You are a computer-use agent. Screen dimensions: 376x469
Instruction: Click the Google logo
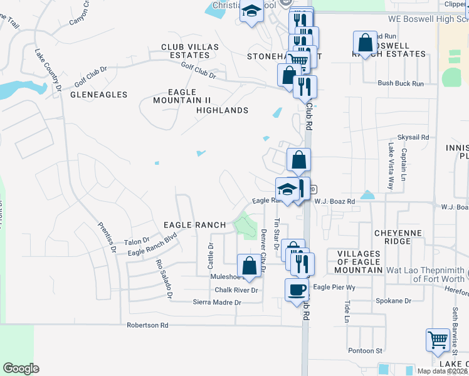21,368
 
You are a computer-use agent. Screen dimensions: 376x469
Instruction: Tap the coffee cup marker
297,290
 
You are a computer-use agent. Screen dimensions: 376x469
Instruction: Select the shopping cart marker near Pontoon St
438,340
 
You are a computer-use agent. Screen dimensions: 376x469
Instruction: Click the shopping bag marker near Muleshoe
249,265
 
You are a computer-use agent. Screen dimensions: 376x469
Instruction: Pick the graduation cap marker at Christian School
251,12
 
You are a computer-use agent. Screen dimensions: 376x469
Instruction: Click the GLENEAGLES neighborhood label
98,95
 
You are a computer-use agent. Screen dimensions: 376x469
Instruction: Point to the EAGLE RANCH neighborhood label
194,224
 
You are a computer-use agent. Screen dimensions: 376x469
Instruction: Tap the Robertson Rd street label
148,325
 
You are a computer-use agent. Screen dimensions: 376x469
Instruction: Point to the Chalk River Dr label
236,290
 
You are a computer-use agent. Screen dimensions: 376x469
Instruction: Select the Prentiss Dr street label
106,237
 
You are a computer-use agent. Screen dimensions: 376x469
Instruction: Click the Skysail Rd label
413,137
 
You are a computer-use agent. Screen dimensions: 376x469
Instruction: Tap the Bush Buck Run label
401,83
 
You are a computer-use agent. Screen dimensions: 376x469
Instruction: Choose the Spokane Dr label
393,301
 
